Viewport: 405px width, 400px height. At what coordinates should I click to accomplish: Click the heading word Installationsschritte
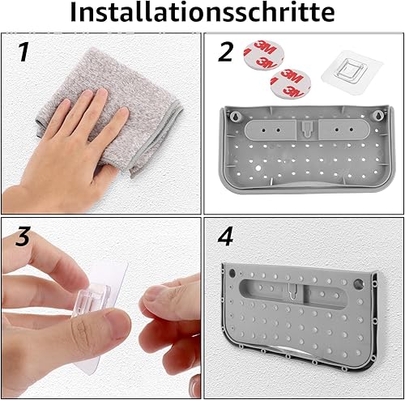click(x=202, y=13)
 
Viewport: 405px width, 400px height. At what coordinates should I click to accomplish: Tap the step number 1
click(x=24, y=52)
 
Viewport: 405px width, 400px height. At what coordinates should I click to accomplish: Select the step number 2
click(x=225, y=52)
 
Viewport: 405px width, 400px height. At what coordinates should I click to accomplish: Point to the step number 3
click(x=23, y=236)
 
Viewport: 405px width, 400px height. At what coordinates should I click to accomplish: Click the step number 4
click(x=225, y=236)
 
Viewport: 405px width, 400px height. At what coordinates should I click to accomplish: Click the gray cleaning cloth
click(x=108, y=108)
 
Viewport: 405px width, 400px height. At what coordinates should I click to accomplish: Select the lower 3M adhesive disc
click(x=291, y=83)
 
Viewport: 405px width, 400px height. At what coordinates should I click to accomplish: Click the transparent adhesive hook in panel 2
click(x=352, y=72)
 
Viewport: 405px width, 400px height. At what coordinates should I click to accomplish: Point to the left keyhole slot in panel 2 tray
click(x=234, y=116)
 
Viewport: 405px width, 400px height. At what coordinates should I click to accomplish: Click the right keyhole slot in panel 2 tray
click(x=377, y=116)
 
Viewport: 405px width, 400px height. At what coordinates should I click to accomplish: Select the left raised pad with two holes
click(x=271, y=130)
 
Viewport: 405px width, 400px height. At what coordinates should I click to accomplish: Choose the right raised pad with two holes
click(x=343, y=130)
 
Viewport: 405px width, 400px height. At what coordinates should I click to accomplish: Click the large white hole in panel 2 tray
click(x=258, y=168)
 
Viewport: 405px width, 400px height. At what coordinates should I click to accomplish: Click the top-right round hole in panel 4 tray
click(x=358, y=283)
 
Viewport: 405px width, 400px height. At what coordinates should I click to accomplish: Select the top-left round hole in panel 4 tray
click(x=232, y=273)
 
